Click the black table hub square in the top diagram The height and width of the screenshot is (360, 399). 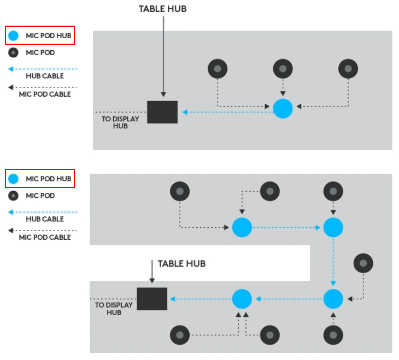[162, 112]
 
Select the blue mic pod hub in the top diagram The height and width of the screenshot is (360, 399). [283, 109]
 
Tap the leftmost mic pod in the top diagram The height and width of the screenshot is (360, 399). [218, 69]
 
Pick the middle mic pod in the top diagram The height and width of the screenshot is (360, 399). [283, 69]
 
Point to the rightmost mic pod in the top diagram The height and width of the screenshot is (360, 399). [348, 69]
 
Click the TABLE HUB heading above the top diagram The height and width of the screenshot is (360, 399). [163, 9]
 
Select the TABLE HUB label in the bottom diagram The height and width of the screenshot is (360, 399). [181, 263]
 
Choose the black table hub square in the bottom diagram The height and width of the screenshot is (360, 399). [152, 299]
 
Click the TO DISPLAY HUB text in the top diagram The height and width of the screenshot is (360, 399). [120, 122]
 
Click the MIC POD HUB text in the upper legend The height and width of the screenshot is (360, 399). [48, 36]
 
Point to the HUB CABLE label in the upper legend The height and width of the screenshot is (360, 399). [45, 76]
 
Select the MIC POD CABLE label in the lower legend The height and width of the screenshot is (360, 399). [45, 237]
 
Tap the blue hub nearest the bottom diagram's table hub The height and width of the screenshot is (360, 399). [242, 299]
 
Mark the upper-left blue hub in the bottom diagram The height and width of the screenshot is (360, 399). [242, 227]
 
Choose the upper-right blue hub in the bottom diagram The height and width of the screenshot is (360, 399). [333, 227]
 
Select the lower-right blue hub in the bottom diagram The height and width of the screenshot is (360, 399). [333, 299]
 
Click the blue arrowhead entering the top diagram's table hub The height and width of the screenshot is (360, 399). [185, 112]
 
